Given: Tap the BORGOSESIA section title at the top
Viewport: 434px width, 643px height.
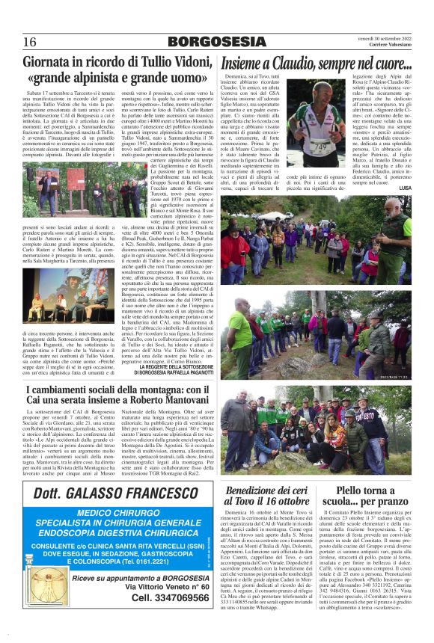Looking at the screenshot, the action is tap(216, 42).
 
